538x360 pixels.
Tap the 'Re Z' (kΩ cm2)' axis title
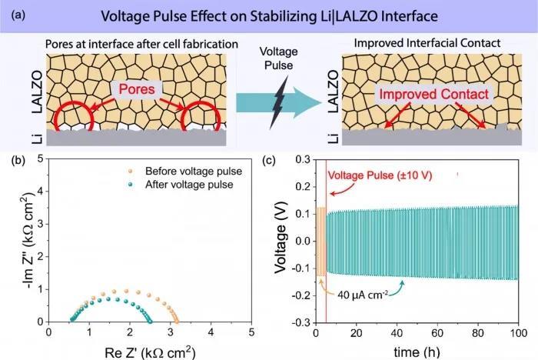click(x=151, y=350)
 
